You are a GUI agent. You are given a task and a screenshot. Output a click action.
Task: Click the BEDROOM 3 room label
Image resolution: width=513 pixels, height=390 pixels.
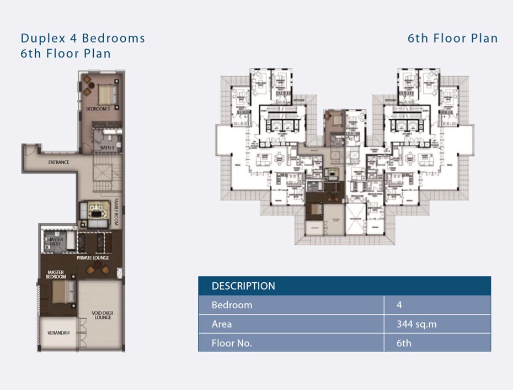(x=98, y=109)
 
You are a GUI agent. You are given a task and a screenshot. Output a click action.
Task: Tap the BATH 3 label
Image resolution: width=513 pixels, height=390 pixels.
(x=107, y=148)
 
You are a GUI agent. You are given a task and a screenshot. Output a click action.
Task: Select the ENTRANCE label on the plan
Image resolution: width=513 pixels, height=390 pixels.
(x=58, y=162)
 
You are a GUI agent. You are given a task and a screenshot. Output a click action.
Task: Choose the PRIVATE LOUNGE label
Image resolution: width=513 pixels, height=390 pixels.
(x=92, y=258)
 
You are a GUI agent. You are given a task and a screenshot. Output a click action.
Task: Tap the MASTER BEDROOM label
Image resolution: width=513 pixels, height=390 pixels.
(x=56, y=275)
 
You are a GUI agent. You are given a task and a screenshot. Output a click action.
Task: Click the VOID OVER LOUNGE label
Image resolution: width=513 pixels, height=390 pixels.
(x=103, y=315)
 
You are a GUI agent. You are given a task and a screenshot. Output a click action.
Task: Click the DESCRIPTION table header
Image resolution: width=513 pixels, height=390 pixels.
(x=243, y=286)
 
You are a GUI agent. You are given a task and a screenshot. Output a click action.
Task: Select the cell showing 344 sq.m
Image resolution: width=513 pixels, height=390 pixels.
(x=416, y=324)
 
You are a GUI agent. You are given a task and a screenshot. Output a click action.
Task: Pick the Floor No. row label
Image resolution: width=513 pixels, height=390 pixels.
(x=232, y=343)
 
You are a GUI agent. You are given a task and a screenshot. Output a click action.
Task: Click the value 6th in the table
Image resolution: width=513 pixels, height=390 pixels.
(x=404, y=343)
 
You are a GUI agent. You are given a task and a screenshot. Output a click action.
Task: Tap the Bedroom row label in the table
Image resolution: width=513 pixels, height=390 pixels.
(x=232, y=305)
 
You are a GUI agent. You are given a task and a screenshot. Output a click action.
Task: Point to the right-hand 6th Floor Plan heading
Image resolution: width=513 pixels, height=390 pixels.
(x=452, y=38)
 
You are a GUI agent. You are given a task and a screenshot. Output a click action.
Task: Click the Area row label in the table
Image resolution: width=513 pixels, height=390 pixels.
(x=222, y=324)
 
